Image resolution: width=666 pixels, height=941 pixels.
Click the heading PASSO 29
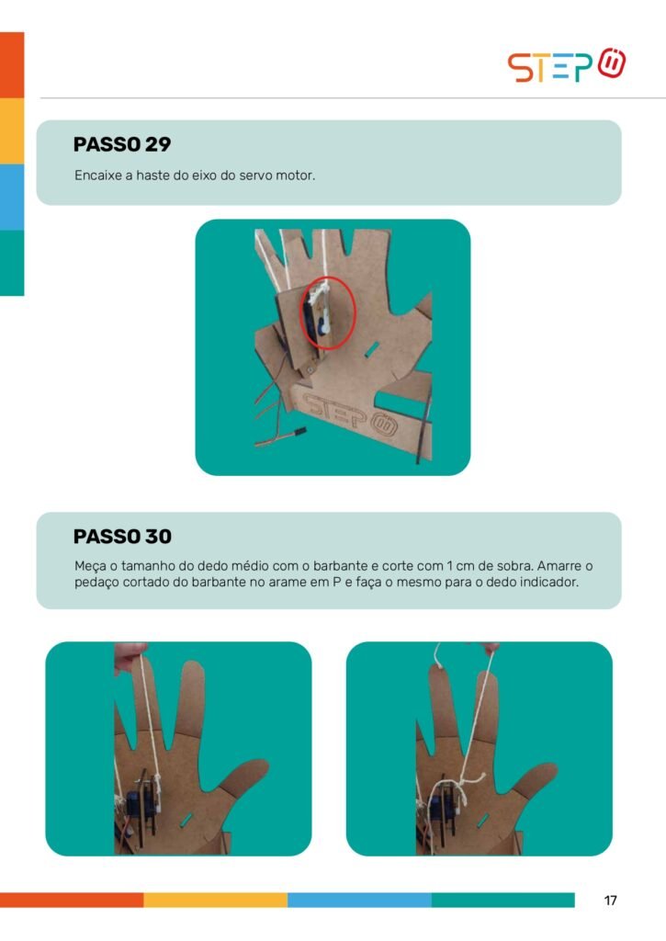[x=122, y=144]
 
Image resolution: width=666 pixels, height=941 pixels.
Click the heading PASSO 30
[x=122, y=536]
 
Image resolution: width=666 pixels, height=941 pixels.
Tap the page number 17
[x=610, y=901]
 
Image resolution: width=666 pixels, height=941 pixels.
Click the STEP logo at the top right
[x=567, y=65]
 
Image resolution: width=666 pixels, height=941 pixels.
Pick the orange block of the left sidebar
[x=12, y=65]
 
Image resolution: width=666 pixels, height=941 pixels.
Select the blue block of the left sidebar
[x=12, y=197]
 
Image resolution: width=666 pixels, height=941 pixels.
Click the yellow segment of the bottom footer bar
[x=215, y=900]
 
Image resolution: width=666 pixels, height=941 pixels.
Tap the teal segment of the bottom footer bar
[x=502, y=900]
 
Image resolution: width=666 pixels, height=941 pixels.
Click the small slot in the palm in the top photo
[x=371, y=348]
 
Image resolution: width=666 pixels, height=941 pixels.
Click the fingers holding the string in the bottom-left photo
[x=130, y=654]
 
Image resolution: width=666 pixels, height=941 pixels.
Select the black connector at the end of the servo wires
[x=299, y=432]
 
